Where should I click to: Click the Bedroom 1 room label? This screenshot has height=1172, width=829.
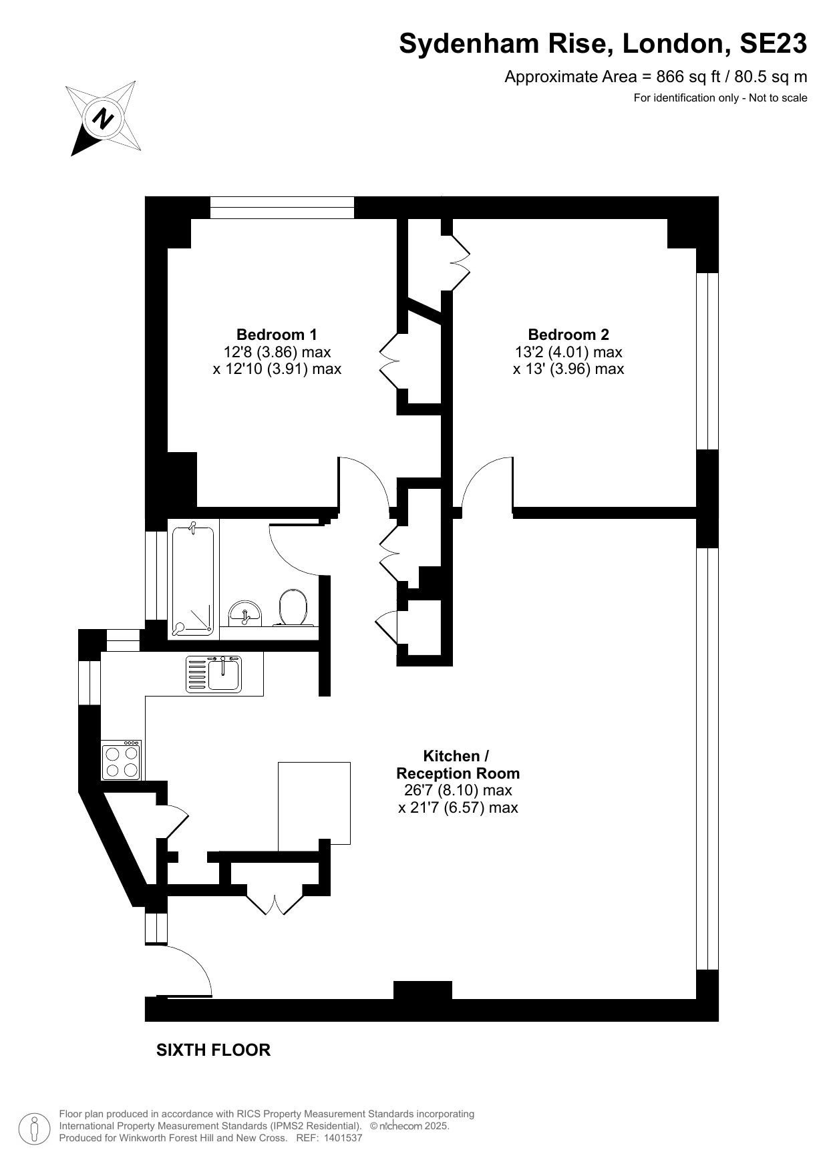coord(277,335)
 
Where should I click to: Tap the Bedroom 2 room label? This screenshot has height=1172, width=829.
coord(568,335)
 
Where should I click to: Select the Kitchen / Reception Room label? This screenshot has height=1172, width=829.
coord(457,765)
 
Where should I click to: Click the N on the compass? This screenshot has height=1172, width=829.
coord(102,119)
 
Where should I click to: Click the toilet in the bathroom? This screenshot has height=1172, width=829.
coord(292,606)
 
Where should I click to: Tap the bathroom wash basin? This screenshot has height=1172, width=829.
coord(245,612)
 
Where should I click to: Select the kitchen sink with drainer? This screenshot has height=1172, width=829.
coord(214,673)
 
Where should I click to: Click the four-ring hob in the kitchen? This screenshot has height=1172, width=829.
coord(122,760)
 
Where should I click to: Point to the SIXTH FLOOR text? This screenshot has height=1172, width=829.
coord(213,1050)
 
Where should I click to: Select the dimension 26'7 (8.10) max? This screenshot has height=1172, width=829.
coord(458,791)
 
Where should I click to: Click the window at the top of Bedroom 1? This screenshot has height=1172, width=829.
coord(282,207)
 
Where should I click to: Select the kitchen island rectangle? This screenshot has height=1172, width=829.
coord(314,803)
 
